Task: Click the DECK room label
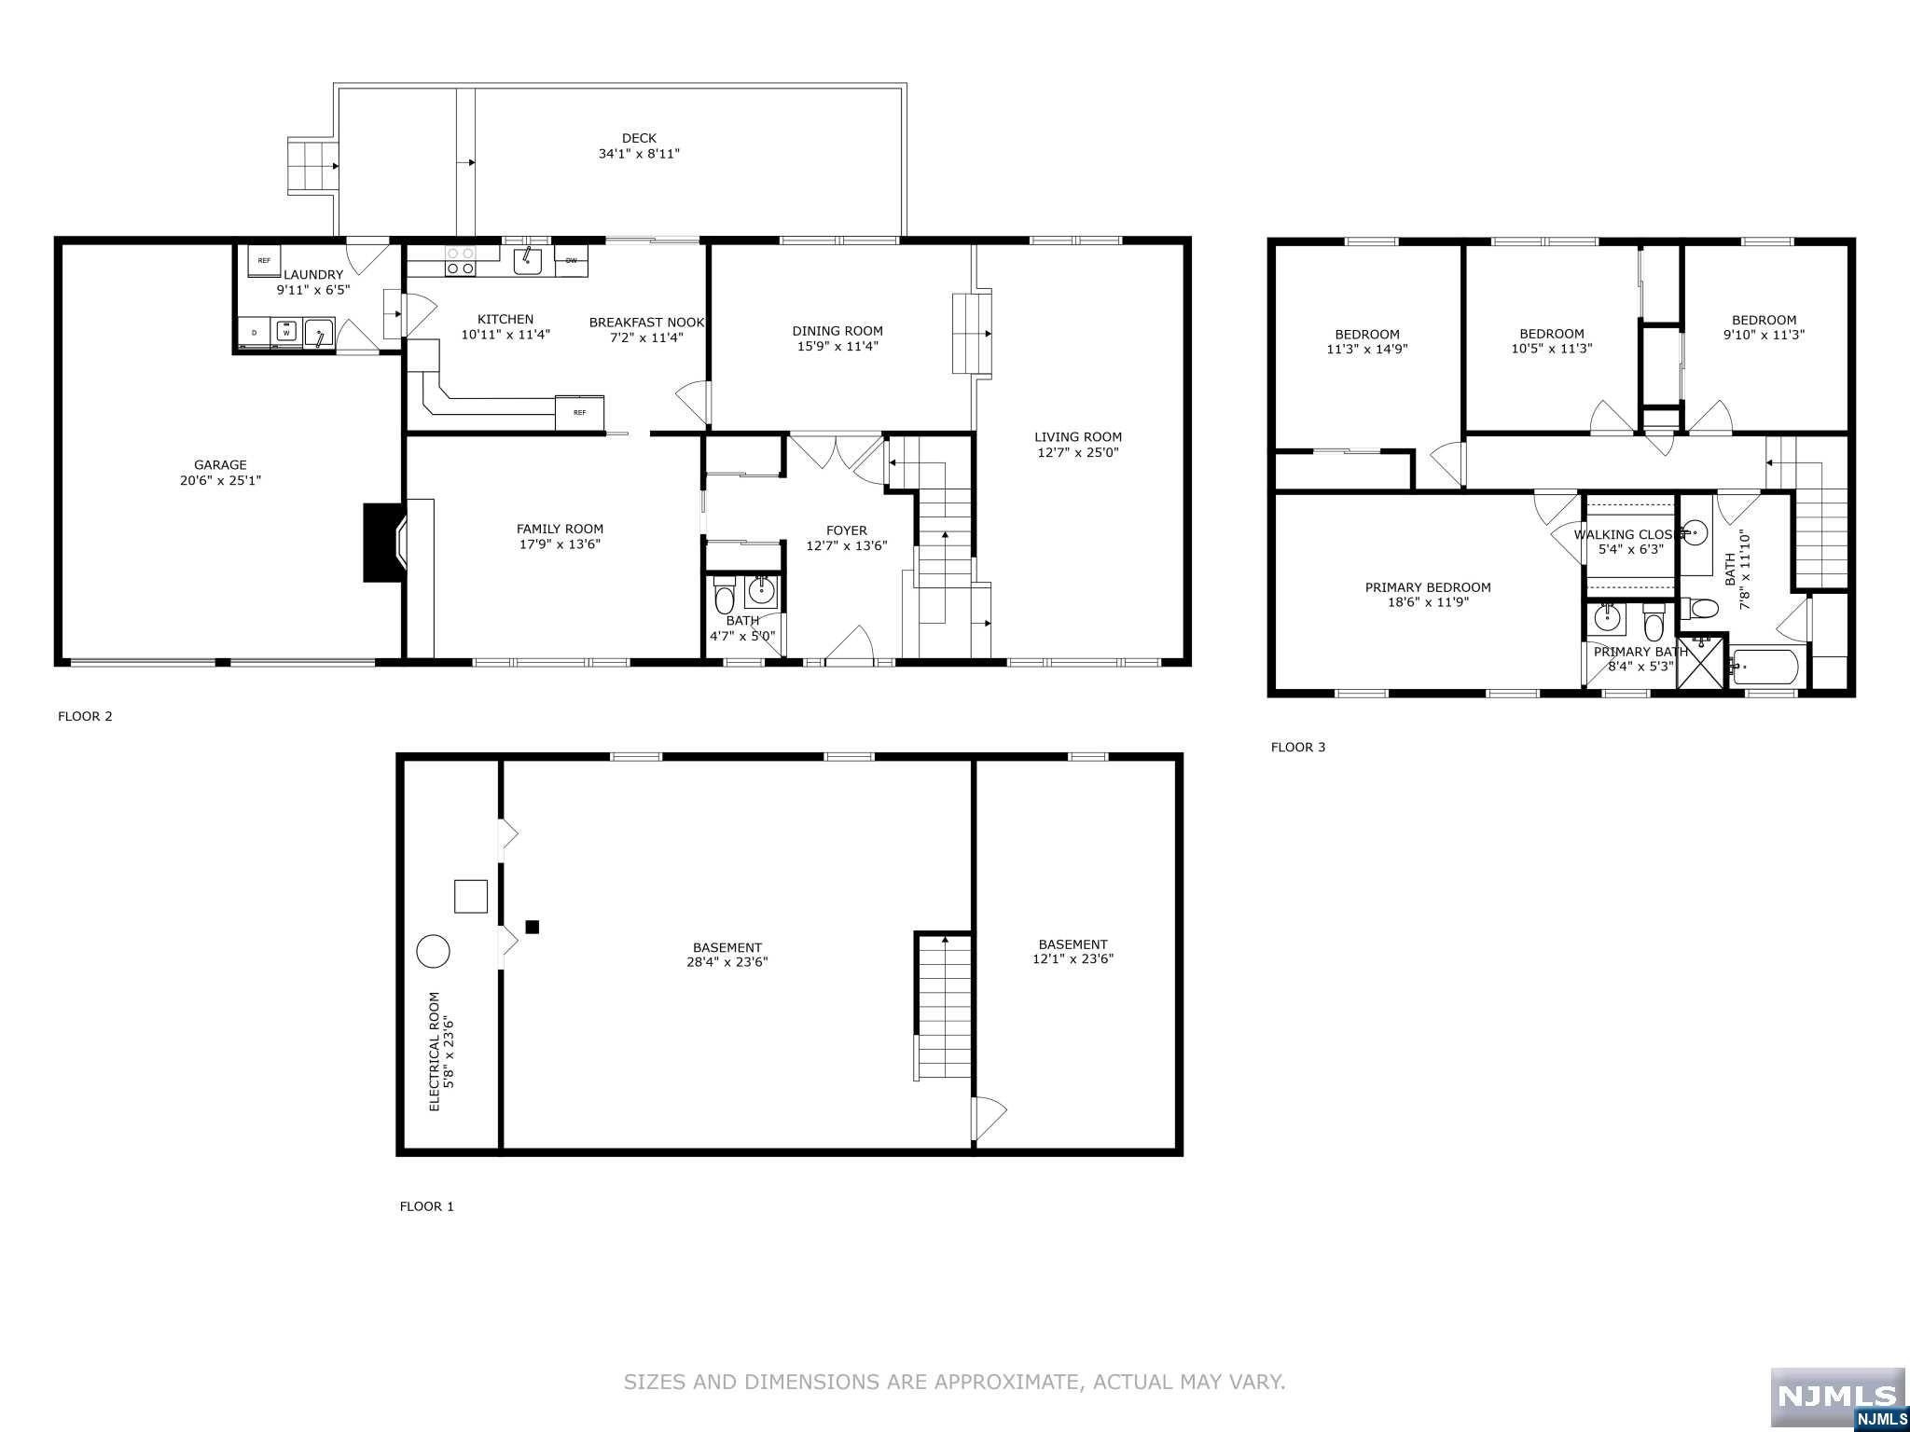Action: [x=639, y=138]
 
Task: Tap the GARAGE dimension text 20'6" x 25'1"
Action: [x=220, y=481]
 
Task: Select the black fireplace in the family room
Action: [x=383, y=543]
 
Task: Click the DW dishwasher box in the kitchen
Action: [x=571, y=260]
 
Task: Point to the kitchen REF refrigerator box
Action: [x=579, y=412]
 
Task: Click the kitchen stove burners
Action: [x=460, y=260]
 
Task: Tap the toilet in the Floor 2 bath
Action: [x=725, y=593]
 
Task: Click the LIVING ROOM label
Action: [x=1078, y=436]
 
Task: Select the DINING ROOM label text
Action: [x=837, y=331]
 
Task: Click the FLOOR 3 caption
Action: [x=1298, y=747]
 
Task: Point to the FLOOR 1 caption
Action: [x=427, y=1206]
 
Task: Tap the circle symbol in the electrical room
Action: [x=433, y=952]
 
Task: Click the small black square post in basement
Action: [x=533, y=927]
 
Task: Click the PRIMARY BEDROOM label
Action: [x=1428, y=587]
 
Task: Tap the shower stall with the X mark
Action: [x=1702, y=663]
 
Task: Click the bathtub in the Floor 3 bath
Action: [x=1767, y=668]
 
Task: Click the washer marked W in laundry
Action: [x=286, y=332]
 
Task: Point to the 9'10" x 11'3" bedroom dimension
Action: [x=1764, y=335]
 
